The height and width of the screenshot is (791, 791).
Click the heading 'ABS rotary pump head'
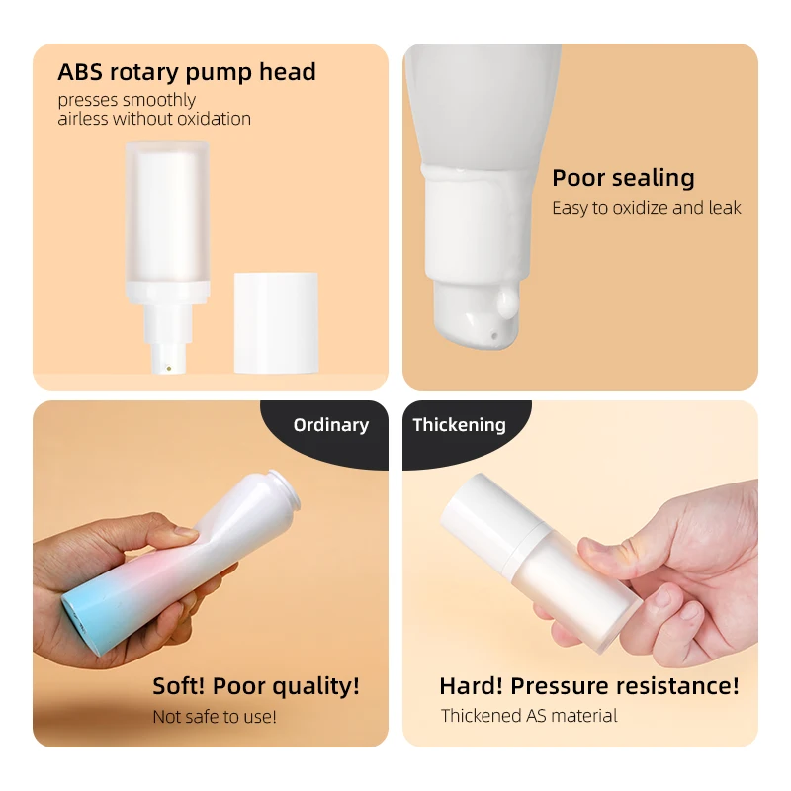(x=187, y=72)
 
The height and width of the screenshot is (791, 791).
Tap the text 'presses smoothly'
(x=127, y=100)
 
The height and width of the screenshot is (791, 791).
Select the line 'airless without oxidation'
(x=154, y=119)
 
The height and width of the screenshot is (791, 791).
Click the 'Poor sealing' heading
(x=623, y=178)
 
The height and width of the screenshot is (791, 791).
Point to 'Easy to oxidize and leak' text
(x=646, y=208)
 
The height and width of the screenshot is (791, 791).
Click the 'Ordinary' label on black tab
(x=330, y=425)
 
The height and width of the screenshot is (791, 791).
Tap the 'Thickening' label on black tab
(x=459, y=425)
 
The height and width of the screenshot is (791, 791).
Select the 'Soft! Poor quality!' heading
(x=256, y=686)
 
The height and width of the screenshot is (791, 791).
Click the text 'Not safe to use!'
(x=215, y=717)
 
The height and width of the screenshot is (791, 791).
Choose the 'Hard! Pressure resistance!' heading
(x=588, y=686)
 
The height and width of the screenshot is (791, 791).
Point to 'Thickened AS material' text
(x=529, y=716)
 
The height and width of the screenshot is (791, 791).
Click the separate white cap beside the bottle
(x=276, y=322)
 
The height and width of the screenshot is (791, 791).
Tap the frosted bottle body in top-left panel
(x=167, y=218)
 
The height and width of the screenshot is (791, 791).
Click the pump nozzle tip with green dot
(x=167, y=368)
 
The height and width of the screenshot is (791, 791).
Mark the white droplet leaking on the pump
(x=508, y=301)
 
